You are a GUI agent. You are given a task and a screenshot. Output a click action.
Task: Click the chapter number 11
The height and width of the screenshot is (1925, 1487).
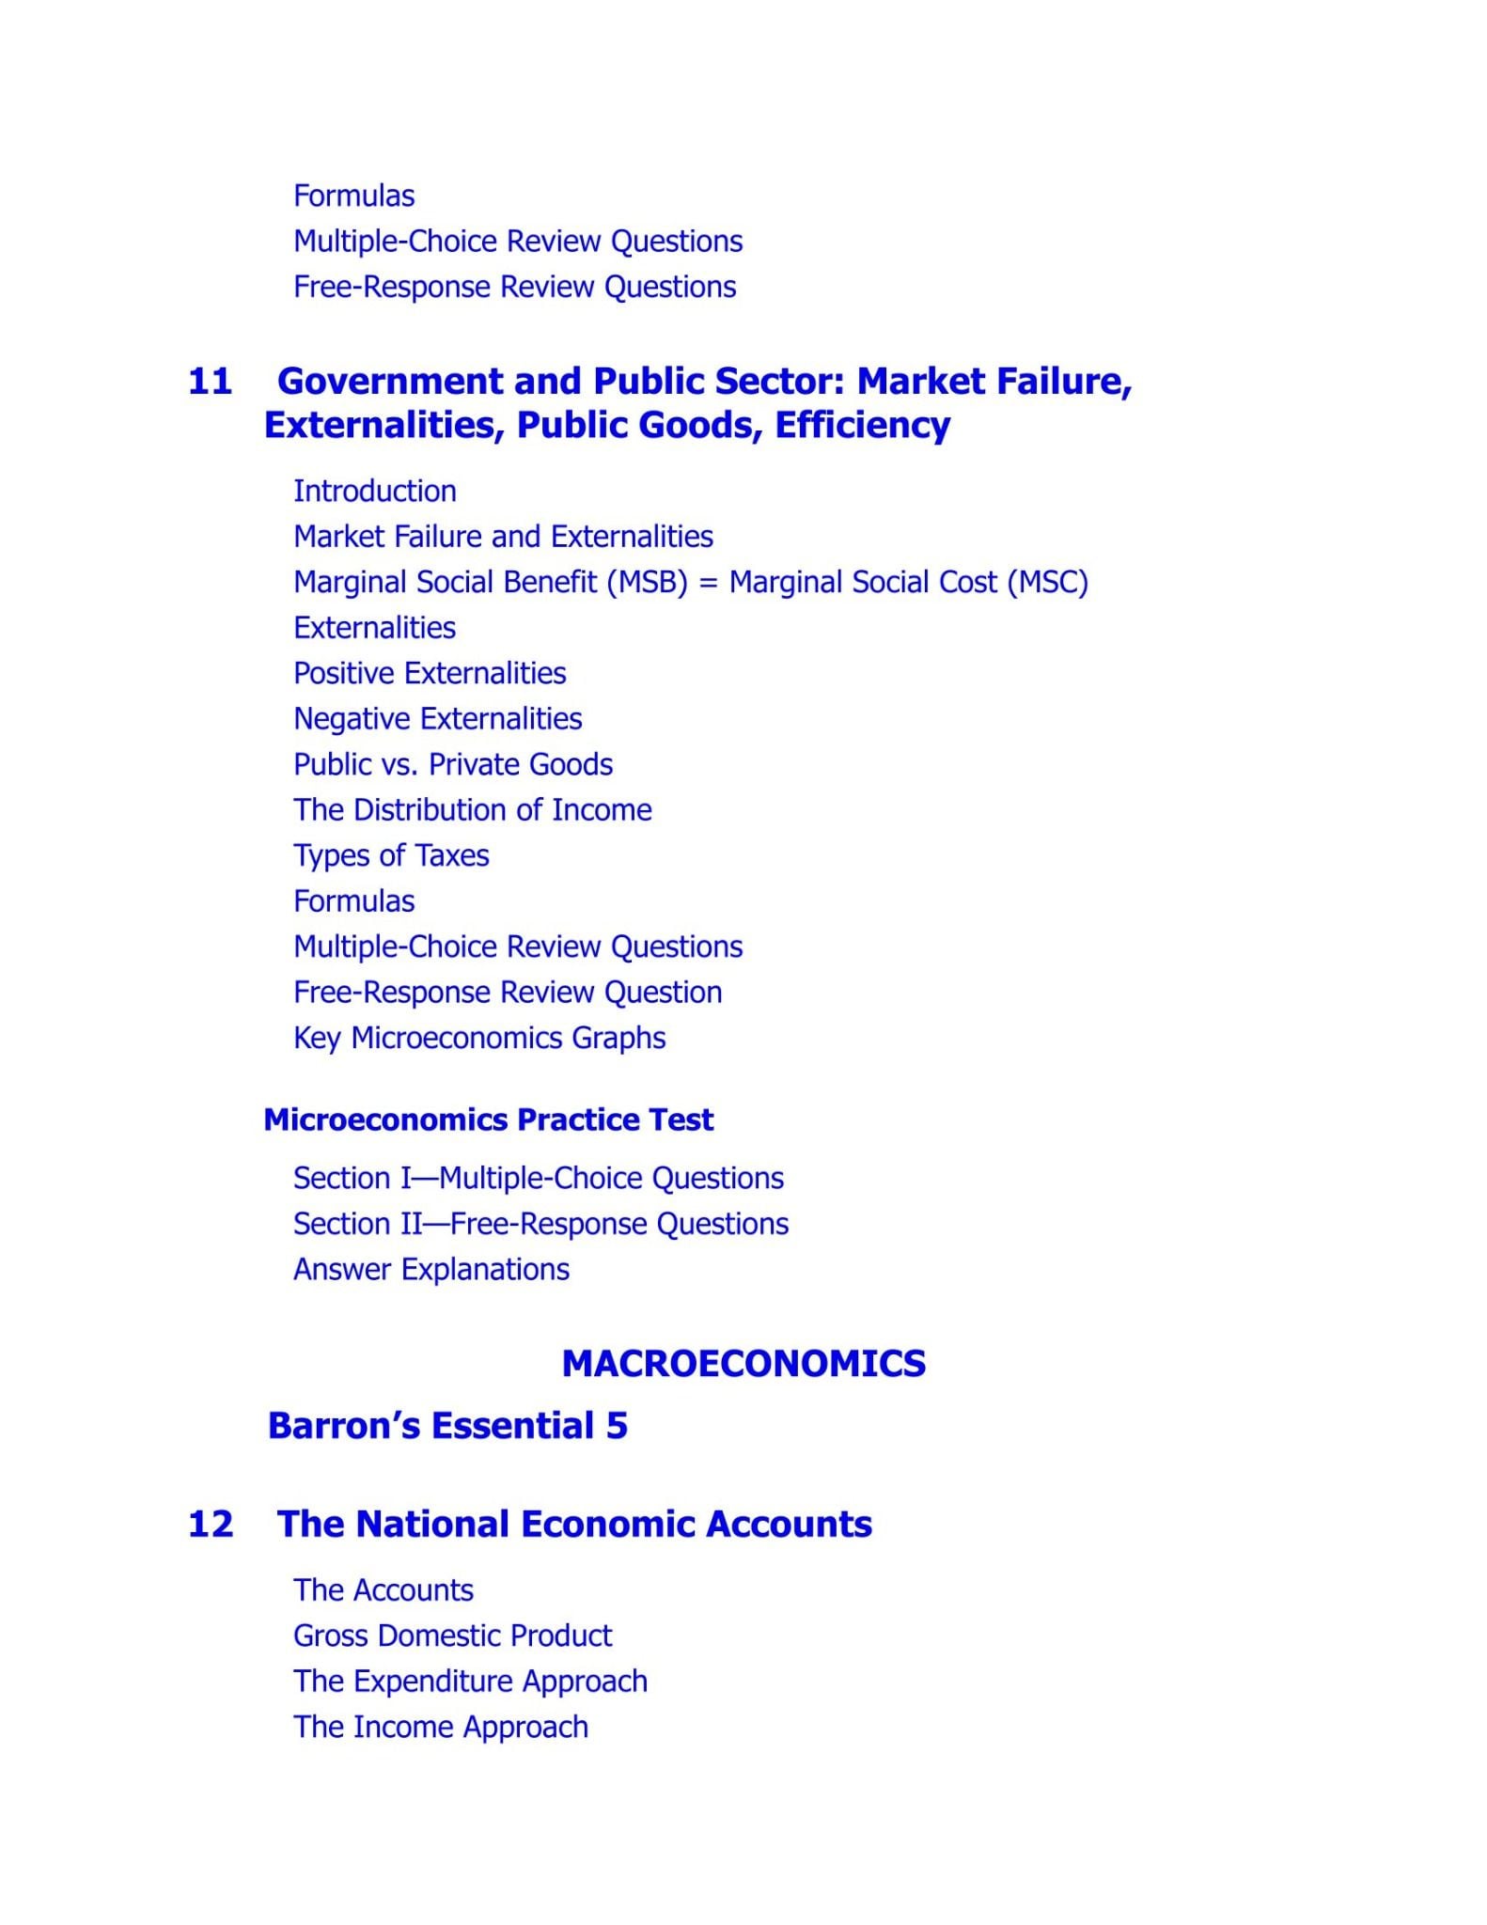[210, 382]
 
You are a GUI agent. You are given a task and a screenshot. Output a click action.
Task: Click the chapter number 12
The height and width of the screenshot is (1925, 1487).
[210, 1524]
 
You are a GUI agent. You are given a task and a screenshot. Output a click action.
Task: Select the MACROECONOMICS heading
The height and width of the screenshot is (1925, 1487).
[743, 1363]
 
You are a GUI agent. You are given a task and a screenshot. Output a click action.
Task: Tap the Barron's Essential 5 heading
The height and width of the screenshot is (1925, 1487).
[447, 1426]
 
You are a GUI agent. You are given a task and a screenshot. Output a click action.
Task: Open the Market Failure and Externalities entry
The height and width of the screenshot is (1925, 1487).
[503, 537]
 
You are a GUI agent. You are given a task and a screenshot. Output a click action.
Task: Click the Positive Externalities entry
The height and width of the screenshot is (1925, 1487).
[430, 673]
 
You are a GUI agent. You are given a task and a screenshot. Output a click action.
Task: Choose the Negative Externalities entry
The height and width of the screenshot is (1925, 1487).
[437, 719]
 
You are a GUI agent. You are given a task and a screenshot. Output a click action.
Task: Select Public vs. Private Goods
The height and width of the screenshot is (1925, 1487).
[452, 764]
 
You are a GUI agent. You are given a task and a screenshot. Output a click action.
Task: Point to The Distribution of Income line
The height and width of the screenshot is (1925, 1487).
[472, 810]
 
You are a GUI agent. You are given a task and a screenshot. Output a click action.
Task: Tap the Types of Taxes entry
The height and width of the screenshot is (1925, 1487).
[391, 855]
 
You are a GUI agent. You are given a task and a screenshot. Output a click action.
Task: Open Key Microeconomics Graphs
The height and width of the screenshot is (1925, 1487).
[479, 1038]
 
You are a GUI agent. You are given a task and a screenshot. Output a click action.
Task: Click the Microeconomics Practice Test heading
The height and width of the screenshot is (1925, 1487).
[488, 1119]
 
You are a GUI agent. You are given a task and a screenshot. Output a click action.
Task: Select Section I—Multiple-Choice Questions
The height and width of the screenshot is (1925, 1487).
[538, 1178]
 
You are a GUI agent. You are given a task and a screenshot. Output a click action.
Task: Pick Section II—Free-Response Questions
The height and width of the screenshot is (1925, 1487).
[540, 1224]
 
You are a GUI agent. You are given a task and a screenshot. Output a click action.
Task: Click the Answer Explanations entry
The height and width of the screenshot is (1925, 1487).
[430, 1269]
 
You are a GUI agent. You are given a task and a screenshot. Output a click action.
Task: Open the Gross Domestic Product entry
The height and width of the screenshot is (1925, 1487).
[452, 1635]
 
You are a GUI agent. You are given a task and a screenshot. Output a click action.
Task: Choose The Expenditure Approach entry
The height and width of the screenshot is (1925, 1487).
[470, 1681]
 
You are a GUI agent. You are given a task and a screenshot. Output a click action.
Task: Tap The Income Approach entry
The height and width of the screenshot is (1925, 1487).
[440, 1727]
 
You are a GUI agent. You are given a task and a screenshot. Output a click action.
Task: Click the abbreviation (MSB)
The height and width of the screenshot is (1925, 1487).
[648, 583]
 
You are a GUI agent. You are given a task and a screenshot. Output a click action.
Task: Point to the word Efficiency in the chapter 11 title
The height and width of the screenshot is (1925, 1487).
[862, 426]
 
